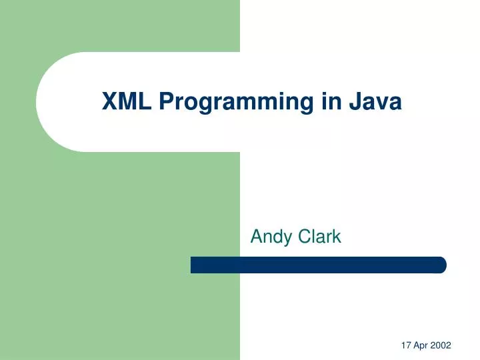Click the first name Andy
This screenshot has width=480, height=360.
point(269,237)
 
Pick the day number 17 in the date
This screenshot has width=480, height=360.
point(407,345)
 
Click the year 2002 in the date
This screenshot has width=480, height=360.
point(441,345)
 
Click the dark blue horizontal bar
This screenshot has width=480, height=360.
point(318,265)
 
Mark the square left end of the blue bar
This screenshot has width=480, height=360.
point(193,265)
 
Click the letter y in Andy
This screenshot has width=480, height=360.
point(284,238)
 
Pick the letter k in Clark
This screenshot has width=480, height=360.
point(337,235)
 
